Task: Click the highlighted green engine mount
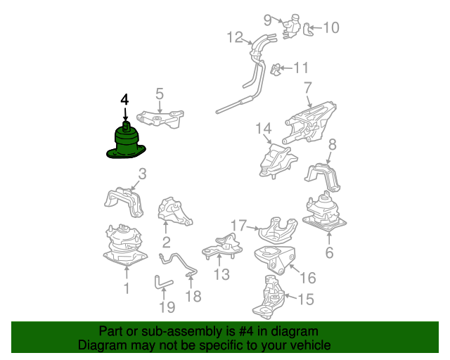pos(126,142)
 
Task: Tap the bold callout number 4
pos(124,100)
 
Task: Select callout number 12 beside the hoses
pos(235,37)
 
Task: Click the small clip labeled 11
pos(276,69)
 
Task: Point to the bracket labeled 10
pos(307,30)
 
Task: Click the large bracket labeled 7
pos(309,123)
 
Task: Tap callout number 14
pos(263,129)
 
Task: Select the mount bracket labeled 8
pos(323,177)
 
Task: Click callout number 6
pos(329,252)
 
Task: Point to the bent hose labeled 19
pos(163,283)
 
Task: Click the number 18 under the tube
pos(193,296)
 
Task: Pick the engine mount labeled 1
pos(125,245)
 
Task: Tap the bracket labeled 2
pos(174,212)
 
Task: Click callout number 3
pos(142,174)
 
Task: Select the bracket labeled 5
pos(160,119)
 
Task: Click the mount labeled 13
pos(221,246)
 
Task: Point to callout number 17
pos(239,226)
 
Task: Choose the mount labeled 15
pos(269,297)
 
